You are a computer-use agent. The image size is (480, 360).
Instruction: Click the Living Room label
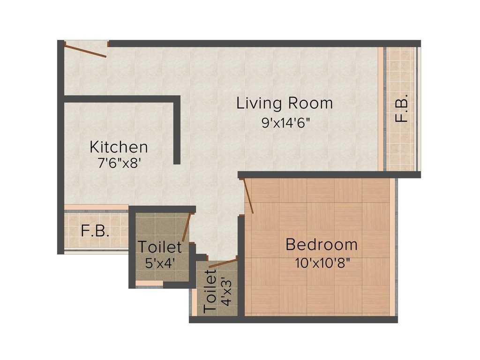click(285, 103)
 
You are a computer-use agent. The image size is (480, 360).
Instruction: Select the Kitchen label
click(119, 147)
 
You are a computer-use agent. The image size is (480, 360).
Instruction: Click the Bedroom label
click(322, 245)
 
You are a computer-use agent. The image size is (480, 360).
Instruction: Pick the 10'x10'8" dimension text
click(322, 263)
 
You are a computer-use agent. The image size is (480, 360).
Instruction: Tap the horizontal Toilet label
click(159, 247)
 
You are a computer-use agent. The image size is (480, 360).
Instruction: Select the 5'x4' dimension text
click(159, 263)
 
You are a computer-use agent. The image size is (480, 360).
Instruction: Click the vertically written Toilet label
click(210, 294)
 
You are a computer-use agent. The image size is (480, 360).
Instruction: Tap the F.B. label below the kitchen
click(95, 231)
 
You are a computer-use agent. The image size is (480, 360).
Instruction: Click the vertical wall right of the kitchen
click(177, 131)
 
